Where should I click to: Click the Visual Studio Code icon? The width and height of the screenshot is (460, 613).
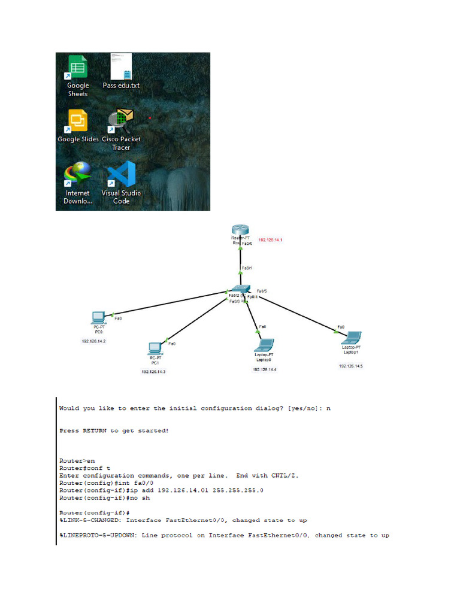122,175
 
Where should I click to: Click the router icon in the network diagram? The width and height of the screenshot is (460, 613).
240,230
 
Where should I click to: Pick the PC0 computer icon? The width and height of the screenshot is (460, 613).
98,317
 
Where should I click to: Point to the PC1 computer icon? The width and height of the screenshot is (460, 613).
155,348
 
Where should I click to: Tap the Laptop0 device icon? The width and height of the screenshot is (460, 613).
264,345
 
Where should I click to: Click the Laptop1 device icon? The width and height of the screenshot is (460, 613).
352,338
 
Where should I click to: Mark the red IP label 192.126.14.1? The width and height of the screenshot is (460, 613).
270,239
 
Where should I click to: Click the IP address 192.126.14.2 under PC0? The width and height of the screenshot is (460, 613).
94,341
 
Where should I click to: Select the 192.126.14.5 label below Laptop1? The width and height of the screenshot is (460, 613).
351,365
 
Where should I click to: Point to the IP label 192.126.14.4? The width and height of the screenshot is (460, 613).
264,370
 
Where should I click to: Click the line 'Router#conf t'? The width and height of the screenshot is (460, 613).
81,468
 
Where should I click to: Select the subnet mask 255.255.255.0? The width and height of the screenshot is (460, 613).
236,490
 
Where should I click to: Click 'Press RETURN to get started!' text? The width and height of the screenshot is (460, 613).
114,430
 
